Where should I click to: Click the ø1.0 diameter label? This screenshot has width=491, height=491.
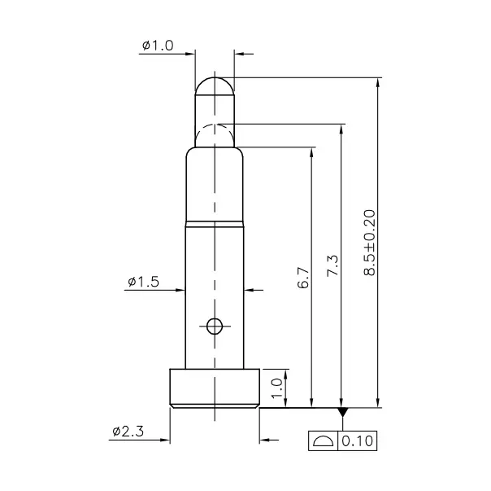[158, 46]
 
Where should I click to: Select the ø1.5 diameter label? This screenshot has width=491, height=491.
[142, 282]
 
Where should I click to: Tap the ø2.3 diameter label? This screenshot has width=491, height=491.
[128, 431]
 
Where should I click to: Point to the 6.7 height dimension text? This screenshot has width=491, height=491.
[303, 280]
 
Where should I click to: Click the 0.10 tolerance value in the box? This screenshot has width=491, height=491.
[355, 441]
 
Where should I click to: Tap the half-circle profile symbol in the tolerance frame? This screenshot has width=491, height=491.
[324, 441]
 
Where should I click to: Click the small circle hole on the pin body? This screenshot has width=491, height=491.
[215, 327]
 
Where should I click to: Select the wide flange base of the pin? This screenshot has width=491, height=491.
[215, 387]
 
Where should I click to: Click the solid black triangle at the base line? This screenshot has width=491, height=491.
[342, 413]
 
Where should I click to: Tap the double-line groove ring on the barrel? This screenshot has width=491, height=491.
[215, 221]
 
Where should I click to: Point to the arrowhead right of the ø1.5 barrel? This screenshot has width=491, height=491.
[249, 289]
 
